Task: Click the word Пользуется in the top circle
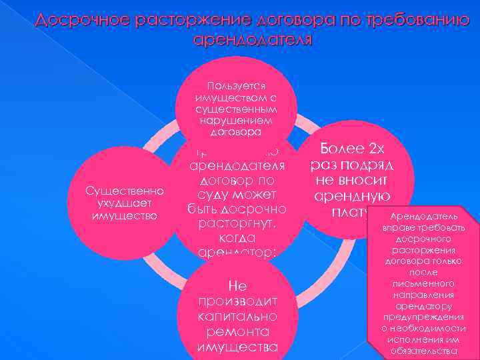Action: (237, 86)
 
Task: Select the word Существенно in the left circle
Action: (125, 191)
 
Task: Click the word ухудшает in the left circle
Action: (125, 203)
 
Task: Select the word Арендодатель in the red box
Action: (424, 217)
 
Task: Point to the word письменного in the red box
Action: (424, 283)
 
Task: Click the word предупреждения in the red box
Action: (424, 317)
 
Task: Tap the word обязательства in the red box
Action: (424, 351)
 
